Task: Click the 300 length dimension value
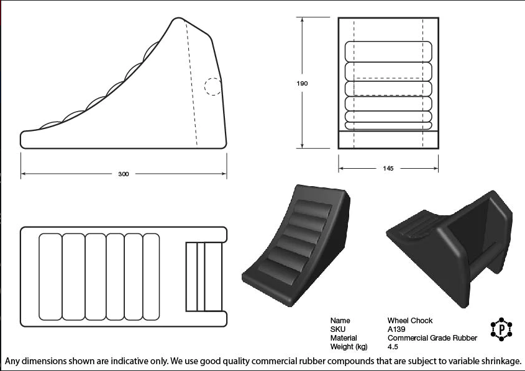[123, 174]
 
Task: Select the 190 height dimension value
[302, 83]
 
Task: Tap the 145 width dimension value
[388, 169]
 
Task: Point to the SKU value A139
[396, 329]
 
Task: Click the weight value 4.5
[393, 347]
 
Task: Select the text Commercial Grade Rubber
[432, 338]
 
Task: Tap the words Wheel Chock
[410, 321]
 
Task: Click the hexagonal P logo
[501, 329]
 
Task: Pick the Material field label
[344, 338]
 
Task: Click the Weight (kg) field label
[349, 347]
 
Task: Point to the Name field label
[340, 321]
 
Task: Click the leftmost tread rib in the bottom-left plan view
[50, 277]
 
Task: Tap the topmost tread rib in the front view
[388, 51]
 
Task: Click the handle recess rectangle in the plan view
[204, 277]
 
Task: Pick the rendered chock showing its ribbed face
[296, 246]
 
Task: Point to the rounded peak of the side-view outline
[178, 18]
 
